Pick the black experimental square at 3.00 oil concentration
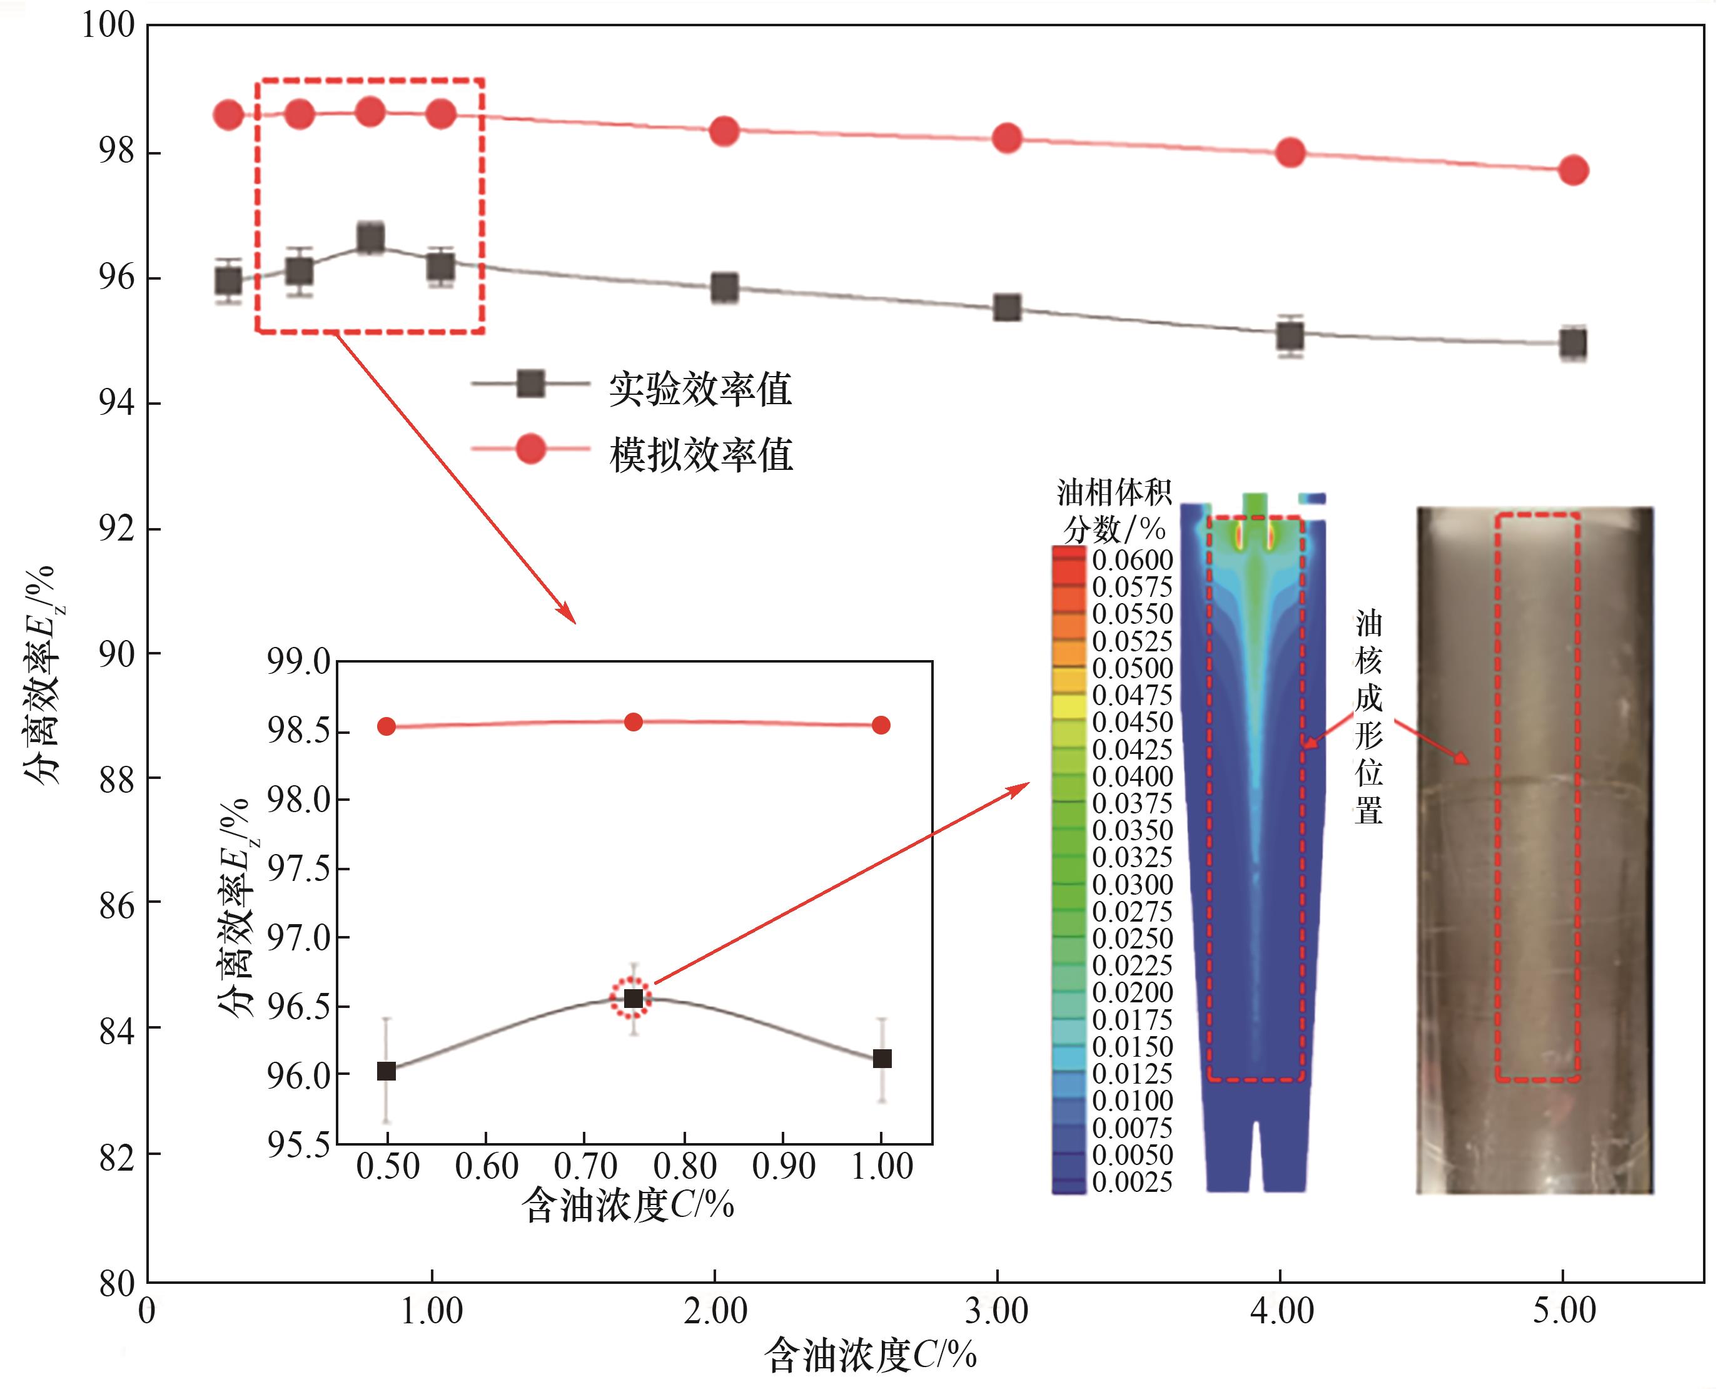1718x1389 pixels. pyautogui.click(x=1007, y=307)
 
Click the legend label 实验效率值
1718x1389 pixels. pyautogui.click(x=700, y=390)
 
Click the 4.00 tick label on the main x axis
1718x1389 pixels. pyautogui.click(x=1281, y=1311)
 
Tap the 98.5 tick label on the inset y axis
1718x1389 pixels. pyautogui.click(x=298, y=731)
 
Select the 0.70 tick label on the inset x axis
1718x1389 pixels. pyautogui.click(x=585, y=1166)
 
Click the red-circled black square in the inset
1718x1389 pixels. pyautogui.click(x=633, y=999)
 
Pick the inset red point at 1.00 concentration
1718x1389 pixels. pyautogui.click(x=881, y=725)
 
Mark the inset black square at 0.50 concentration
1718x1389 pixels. pyautogui.click(x=387, y=1071)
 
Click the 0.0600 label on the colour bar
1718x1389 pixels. pyautogui.click(x=1132, y=560)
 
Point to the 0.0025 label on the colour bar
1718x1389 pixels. pyautogui.click(x=1132, y=1182)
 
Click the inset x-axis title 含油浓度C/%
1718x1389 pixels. pyautogui.click(x=628, y=1205)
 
